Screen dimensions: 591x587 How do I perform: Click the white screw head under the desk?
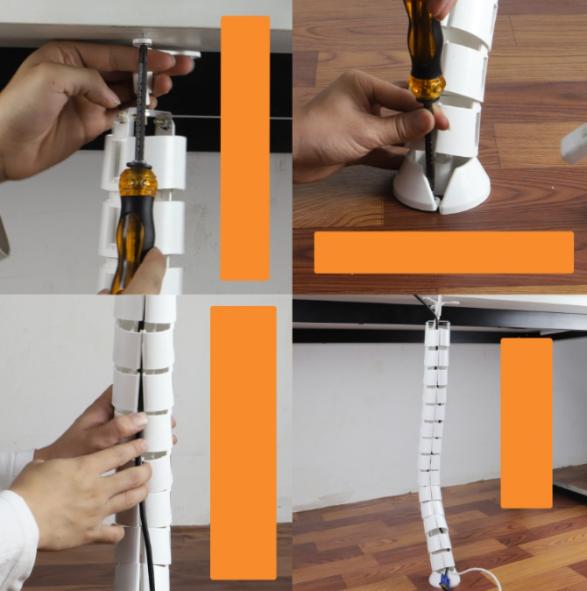click(x=140, y=39)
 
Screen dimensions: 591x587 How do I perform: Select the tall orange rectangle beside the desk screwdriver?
click(x=244, y=147)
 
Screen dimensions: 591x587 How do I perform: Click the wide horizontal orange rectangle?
click(x=443, y=253)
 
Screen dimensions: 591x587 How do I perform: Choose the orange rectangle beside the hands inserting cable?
click(x=243, y=442)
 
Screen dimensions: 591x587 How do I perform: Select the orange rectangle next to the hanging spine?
click(x=526, y=423)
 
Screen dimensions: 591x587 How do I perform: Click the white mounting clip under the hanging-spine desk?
click(x=438, y=307)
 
